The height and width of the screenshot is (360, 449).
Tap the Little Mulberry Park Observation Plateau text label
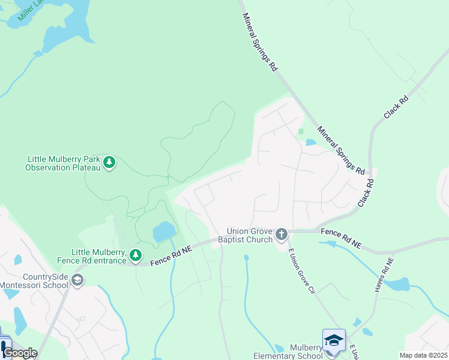click(x=63, y=163)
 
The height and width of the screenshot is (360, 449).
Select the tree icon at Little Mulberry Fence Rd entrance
click(x=136, y=256)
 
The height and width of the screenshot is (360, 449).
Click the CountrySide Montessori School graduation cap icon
click(x=77, y=280)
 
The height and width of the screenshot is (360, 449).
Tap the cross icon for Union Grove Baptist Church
click(x=281, y=235)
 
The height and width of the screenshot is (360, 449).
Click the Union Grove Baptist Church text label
click(x=250, y=235)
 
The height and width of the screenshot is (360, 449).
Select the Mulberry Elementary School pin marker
click(x=334, y=341)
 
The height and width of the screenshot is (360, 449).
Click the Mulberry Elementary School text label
click(x=288, y=352)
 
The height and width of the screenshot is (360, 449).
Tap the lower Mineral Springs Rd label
click(x=341, y=149)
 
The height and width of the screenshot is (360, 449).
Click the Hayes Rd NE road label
click(x=384, y=275)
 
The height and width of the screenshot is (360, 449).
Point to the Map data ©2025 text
click(x=423, y=355)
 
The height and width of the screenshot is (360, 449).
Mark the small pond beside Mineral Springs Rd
click(x=310, y=143)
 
